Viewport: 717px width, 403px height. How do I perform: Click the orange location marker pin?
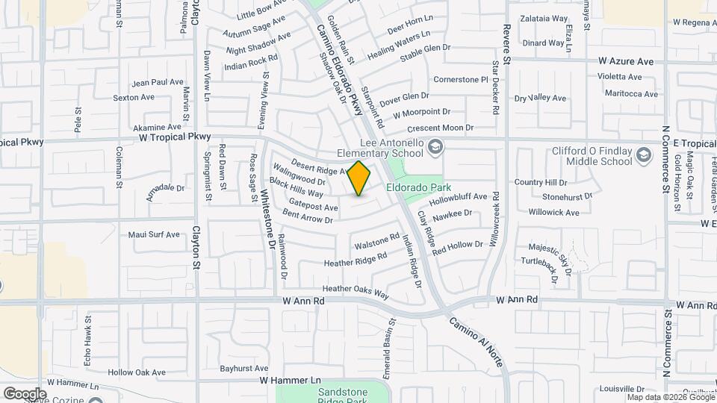coord(359,178)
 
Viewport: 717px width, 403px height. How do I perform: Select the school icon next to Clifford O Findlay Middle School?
coord(642,155)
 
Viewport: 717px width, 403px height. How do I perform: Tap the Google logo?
coord(24,394)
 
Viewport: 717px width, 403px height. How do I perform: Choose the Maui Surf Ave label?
coord(154,234)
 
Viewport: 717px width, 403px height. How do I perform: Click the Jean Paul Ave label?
coord(157,82)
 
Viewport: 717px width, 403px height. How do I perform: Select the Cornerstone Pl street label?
coord(461,79)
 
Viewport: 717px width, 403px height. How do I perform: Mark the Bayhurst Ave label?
coord(244,369)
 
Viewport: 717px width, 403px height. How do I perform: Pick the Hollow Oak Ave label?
coord(136,372)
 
